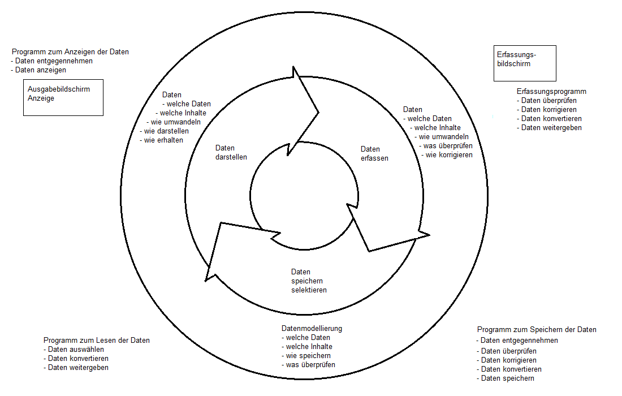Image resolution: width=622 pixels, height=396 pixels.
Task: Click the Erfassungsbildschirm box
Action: click(525, 63)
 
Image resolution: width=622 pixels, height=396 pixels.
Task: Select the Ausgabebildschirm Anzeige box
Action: click(63, 97)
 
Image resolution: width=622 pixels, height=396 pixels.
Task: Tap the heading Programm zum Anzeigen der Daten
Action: click(70, 51)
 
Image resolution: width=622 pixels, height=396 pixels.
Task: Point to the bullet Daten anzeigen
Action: click(40, 70)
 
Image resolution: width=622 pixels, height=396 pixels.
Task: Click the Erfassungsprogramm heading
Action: click(551, 91)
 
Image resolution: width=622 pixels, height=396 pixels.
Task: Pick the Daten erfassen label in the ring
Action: click(374, 154)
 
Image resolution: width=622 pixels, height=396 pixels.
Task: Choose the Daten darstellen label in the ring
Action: click(231, 153)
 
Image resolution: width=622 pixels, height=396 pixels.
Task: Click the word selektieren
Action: click(309, 290)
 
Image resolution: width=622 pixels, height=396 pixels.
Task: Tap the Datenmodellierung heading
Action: click(312, 328)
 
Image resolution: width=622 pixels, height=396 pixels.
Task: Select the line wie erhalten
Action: click(162, 140)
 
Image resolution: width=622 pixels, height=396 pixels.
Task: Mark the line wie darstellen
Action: click(165, 131)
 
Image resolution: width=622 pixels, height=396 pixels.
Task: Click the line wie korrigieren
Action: click(448, 155)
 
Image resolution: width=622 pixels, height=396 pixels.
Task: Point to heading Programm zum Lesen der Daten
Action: click(97, 341)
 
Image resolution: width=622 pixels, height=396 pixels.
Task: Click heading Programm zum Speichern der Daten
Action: click(537, 329)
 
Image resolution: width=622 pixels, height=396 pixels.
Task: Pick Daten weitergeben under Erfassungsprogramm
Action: click(550, 128)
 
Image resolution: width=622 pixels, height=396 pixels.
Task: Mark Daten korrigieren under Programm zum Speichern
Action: click(507, 360)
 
